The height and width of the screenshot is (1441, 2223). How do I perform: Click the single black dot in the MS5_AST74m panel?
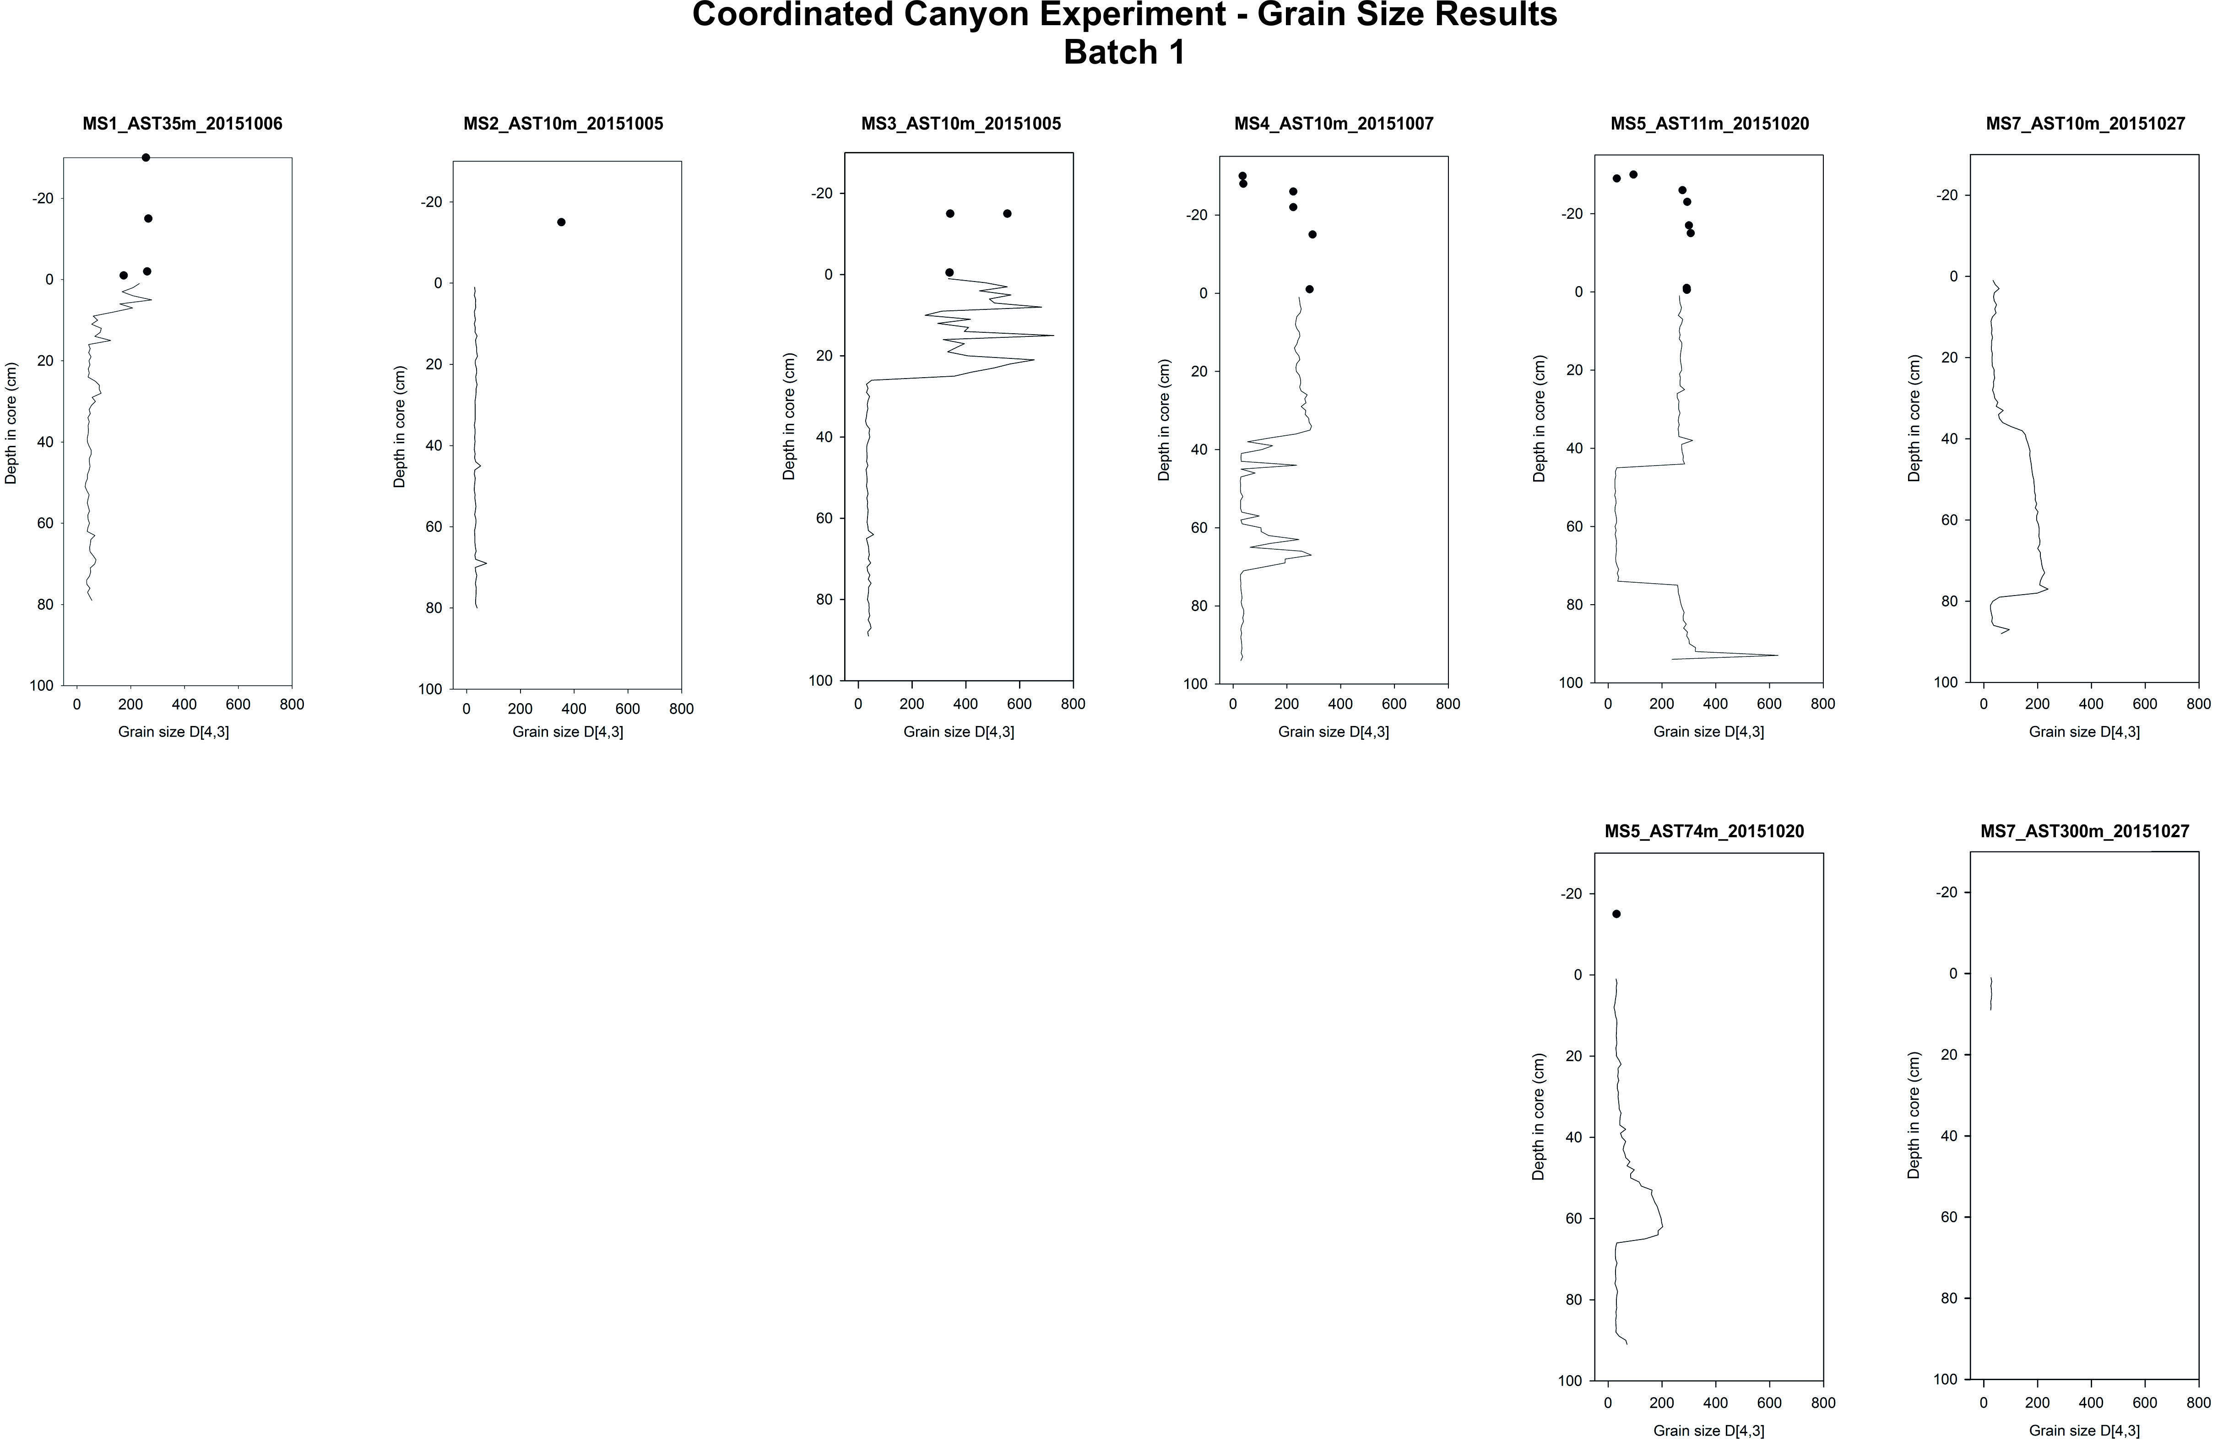coord(1616,914)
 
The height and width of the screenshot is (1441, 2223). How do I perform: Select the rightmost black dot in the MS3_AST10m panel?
coord(1007,214)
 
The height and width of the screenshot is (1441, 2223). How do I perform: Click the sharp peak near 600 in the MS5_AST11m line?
coord(1775,655)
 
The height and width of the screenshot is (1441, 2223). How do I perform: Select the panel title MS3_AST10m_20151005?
coord(960,123)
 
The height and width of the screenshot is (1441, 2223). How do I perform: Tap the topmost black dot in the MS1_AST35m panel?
coord(146,157)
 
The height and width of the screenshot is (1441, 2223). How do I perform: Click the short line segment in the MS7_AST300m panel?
coord(1990,993)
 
